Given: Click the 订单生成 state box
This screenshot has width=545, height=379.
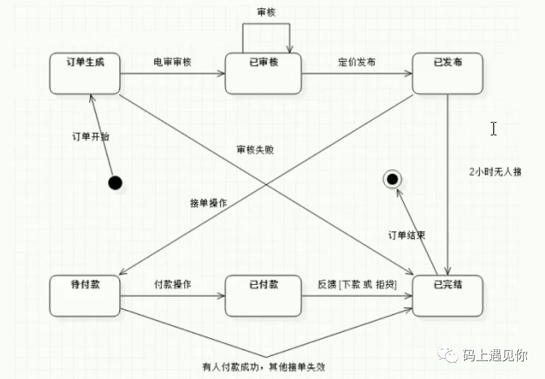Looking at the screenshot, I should pyautogui.click(x=85, y=73).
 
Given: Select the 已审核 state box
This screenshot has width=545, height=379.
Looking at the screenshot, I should pyautogui.click(x=264, y=73).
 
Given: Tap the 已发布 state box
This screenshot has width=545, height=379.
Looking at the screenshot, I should pyautogui.click(x=447, y=73).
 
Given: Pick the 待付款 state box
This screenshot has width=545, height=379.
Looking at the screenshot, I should pyautogui.click(x=85, y=295).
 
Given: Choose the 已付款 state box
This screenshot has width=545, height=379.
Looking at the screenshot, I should pyautogui.click(x=264, y=295).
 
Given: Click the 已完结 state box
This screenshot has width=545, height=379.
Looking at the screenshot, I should pyautogui.click(x=447, y=295).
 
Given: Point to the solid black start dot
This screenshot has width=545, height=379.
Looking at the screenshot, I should pyautogui.click(x=116, y=182).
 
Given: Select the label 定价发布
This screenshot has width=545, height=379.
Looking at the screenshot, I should pyautogui.click(x=356, y=62).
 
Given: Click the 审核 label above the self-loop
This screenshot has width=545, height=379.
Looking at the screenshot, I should pyautogui.click(x=267, y=12).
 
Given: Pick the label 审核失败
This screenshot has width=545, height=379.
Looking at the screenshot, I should pyautogui.click(x=255, y=150).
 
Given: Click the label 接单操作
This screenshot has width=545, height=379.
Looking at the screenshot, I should pyautogui.click(x=208, y=203).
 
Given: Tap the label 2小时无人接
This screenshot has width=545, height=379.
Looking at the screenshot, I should pyautogui.click(x=495, y=172).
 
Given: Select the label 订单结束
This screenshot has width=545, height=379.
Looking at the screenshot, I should pyautogui.click(x=407, y=235).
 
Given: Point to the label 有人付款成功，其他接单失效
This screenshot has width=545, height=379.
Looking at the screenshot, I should pyautogui.click(x=264, y=367).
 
